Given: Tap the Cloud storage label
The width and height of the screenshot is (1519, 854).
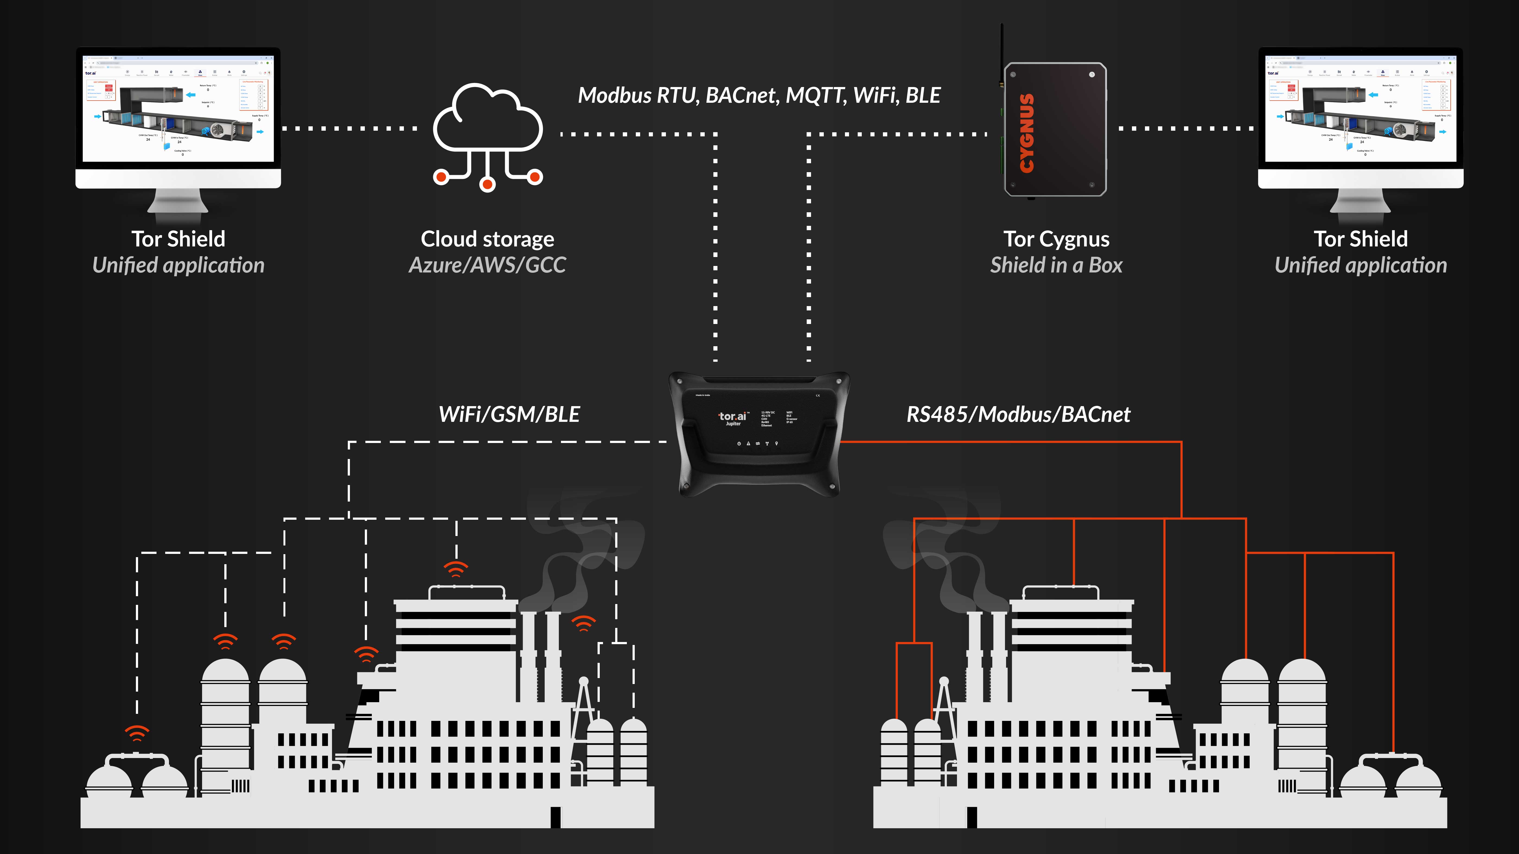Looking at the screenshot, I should [x=487, y=239].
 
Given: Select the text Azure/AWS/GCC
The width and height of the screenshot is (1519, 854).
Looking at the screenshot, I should [x=487, y=265].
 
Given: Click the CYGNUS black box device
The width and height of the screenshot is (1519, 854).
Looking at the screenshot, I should [x=1055, y=130].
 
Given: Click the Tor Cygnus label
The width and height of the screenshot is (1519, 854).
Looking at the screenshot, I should [x=1056, y=239].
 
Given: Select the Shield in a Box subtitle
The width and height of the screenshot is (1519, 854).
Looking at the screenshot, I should [x=1056, y=265].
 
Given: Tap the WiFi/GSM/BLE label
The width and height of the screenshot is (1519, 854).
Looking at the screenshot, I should [x=509, y=414].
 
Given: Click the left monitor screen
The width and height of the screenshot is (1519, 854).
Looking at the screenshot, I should [x=178, y=109].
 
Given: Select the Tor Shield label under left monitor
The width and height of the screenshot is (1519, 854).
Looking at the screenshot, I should [x=178, y=239].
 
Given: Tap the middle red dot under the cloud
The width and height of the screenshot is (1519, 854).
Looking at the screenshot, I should [x=487, y=185].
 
